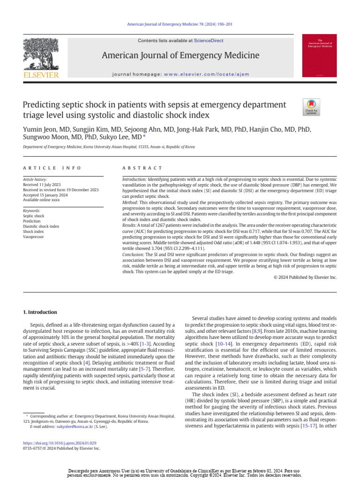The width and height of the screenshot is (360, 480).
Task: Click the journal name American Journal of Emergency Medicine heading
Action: pyautogui.click(x=180, y=56)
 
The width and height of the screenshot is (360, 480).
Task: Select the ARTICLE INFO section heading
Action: pyautogui.click(x=52, y=168)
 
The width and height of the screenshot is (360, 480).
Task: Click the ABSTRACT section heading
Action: pyautogui.click(x=142, y=168)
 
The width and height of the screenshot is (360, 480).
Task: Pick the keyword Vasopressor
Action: pyautogui.click(x=34, y=237)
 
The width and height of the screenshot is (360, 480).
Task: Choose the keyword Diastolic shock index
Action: pyautogui.click(x=41, y=226)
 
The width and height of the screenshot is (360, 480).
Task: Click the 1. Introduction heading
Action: pyautogui.click(x=40, y=312)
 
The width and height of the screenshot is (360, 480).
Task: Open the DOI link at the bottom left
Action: pyautogui.click(x=60, y=442)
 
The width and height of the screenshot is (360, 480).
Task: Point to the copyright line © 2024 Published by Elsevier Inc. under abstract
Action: pyautogui.click(x=305, y=277)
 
